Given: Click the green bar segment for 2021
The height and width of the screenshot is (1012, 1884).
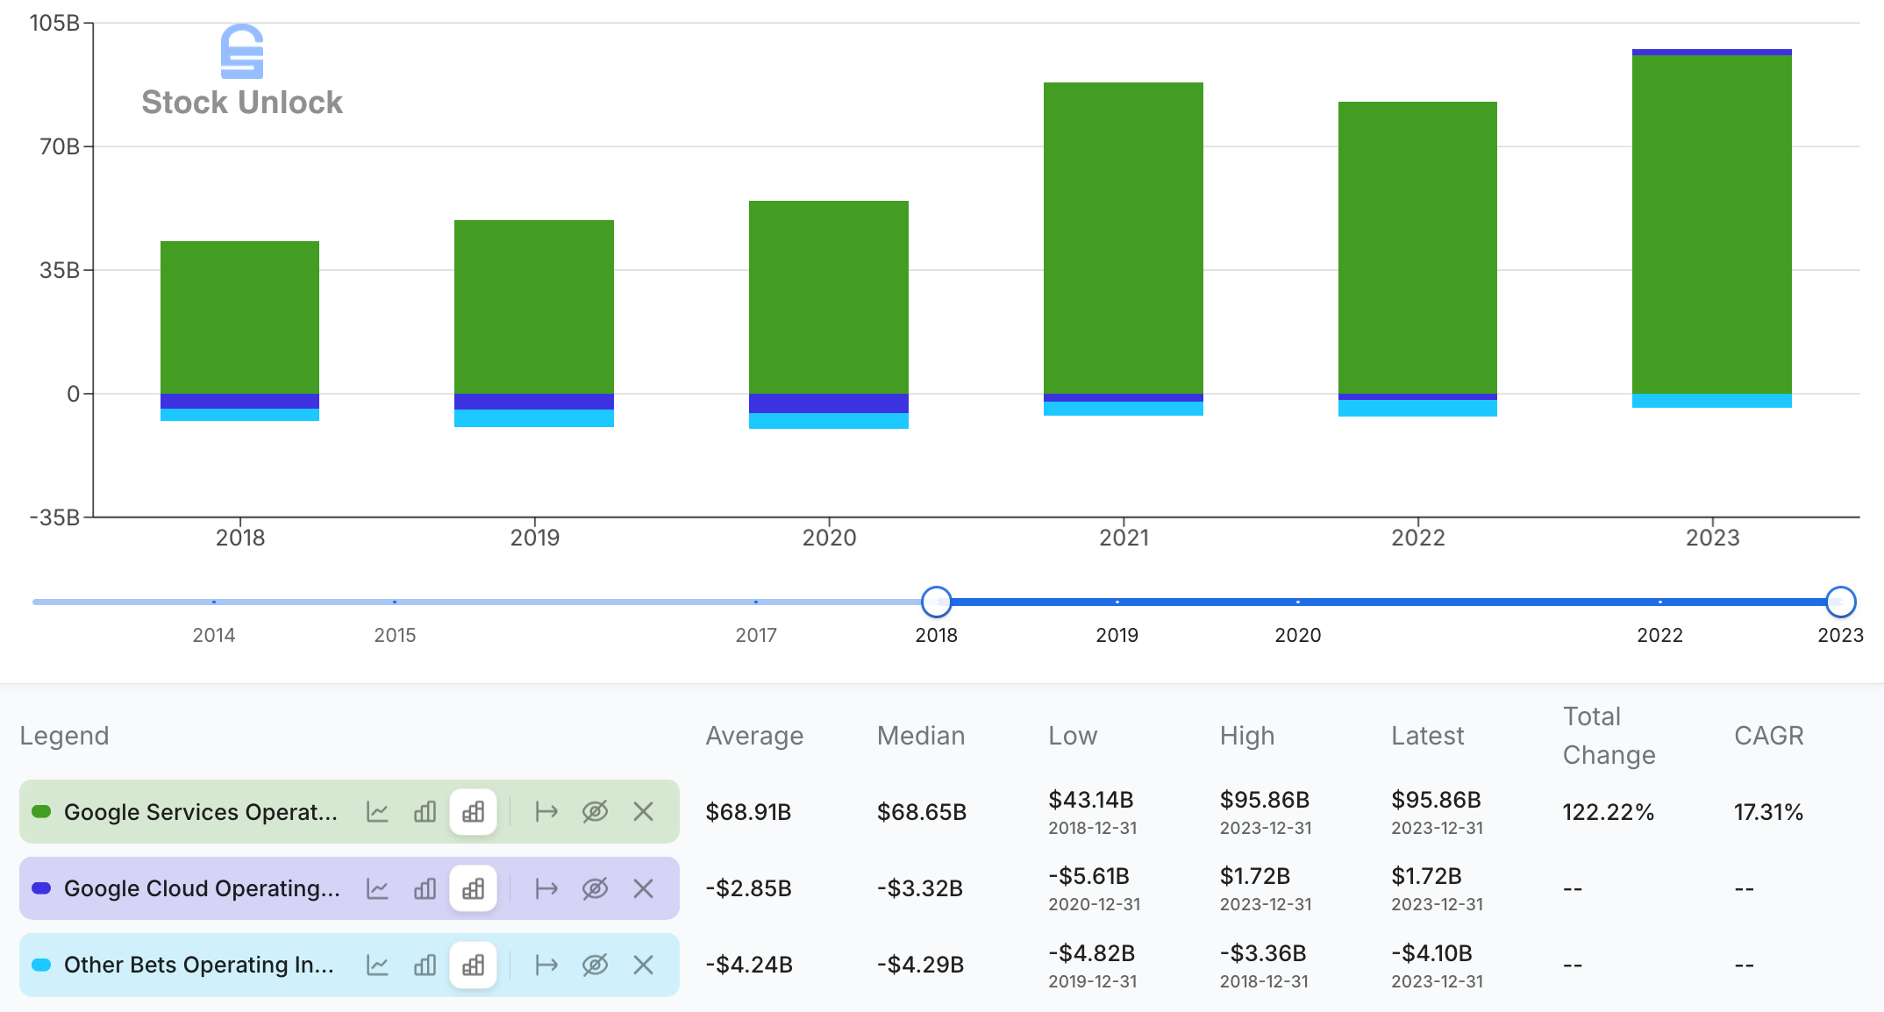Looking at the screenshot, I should (x=1123, y=237).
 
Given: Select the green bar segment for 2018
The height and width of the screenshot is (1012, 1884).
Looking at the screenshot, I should (x=239, y=317).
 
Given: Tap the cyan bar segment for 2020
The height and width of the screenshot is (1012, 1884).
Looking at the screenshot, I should (x=828, y=421).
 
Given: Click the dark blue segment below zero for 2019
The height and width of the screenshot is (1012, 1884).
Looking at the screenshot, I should (x=533, y=402).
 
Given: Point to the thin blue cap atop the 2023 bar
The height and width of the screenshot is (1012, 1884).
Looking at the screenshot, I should (x=1711, y=52).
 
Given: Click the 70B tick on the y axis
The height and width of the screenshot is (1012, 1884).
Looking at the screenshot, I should (x=60, y=146).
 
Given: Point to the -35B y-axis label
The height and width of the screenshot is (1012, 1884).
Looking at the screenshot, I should (x=54, y=517).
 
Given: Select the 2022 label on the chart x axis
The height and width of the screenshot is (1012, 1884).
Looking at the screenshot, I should (x=1417, y=538).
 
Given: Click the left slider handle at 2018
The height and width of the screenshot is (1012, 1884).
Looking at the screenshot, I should (x=937, y=602).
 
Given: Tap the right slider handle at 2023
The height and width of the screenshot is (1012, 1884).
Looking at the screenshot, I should (x=1840, y=602).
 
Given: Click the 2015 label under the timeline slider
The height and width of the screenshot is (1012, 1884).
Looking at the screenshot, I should (x=395, y=635).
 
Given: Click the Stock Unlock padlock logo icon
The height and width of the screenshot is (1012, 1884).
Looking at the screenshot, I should (x=242, y=51).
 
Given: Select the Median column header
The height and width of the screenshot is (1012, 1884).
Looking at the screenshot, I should (x=920, y=736).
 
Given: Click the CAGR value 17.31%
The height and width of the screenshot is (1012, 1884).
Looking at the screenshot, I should (x=1767, y=812).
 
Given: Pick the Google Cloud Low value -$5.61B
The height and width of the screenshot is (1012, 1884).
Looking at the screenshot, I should (x=1088, y=876).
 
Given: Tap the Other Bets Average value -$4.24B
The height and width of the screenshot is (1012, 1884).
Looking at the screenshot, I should (x=748, y=965).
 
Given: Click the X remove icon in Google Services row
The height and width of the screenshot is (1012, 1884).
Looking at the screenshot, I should (x=643, y=812).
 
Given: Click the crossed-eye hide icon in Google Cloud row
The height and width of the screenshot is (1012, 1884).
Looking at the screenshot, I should (x=595, y=888).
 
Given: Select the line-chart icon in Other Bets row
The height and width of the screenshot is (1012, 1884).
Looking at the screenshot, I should (x=377, y=966).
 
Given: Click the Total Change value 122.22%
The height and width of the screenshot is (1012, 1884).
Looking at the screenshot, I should (x=1608, y=812).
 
